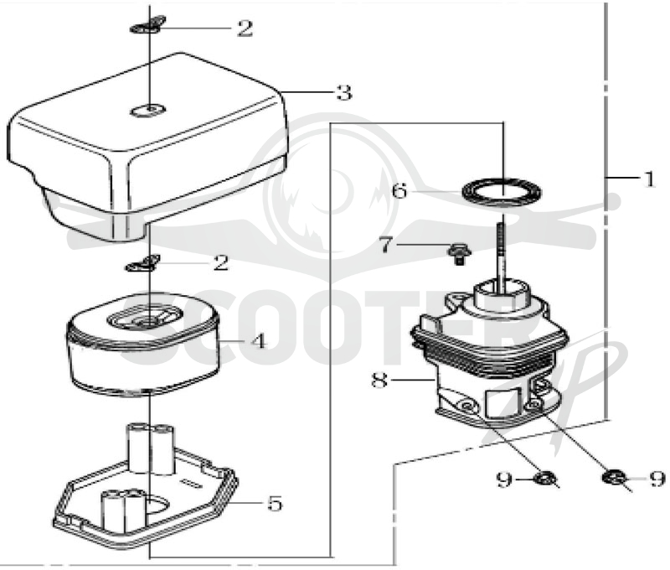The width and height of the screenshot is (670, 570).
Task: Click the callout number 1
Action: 650,179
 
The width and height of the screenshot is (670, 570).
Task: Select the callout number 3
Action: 343,92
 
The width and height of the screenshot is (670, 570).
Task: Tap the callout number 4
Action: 259,341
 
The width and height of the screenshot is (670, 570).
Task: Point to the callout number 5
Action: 275,503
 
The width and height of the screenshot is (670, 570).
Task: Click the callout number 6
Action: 399,190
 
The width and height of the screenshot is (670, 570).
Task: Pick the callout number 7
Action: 385,245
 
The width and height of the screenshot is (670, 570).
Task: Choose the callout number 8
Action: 379,379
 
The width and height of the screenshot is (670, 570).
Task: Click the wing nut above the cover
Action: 147,25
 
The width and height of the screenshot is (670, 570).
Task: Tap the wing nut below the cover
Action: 142,263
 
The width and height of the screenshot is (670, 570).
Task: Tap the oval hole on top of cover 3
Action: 148,111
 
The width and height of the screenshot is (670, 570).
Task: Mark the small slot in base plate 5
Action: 192,483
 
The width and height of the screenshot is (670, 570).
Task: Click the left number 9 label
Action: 504,479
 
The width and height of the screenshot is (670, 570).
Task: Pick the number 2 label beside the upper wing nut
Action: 245,28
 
